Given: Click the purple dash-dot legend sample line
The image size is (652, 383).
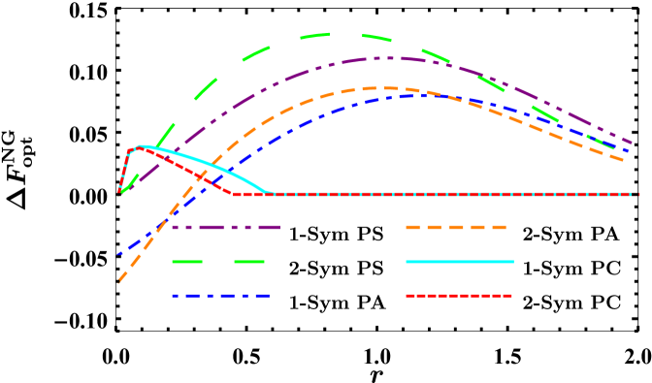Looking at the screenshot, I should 226,227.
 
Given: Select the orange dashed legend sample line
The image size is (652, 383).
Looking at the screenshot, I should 456,227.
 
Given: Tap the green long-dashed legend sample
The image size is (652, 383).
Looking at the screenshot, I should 218,262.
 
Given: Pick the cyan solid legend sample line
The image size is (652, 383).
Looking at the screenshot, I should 459,262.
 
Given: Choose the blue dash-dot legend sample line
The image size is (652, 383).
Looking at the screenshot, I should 220,296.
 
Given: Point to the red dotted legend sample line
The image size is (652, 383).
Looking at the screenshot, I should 459,296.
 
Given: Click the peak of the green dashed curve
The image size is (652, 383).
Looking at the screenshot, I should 340,34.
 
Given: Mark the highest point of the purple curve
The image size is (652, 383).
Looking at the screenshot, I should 388,57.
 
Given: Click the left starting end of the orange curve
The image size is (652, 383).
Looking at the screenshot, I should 119,282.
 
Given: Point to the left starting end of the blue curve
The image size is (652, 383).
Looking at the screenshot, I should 118,254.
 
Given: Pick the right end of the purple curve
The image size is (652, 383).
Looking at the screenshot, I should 632,144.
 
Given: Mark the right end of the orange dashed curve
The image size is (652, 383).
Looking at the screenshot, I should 624,160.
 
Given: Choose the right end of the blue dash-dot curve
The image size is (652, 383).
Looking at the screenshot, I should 629,151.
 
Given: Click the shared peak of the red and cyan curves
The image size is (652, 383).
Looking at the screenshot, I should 139,146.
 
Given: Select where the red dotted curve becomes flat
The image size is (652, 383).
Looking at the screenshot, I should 234,194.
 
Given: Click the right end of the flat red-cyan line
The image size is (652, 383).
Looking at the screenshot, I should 637,194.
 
